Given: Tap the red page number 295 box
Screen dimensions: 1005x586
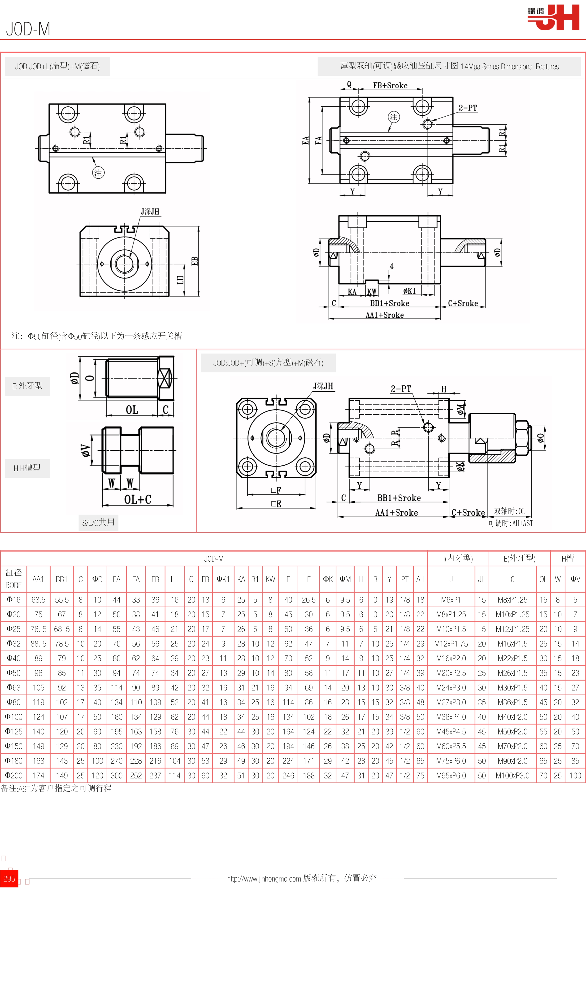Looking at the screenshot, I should click(9, 878).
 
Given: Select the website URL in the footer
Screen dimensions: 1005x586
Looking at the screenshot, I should click(264, 878).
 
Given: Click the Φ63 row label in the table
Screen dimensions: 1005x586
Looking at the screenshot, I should click(13, 688).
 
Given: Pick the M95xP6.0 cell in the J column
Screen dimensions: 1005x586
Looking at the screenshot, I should click(451, 775).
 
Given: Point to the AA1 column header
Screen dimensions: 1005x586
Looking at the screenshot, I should click(38, 579).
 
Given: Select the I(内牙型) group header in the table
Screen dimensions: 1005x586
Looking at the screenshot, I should click(458, 558).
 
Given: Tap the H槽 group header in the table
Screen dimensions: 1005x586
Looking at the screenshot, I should click(568, 558).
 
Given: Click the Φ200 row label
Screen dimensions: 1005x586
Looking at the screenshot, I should click(13, 775).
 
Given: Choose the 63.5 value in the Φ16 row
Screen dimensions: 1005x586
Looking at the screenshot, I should click(38, 600).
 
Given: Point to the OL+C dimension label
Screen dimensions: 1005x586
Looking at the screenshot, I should click(138, 499).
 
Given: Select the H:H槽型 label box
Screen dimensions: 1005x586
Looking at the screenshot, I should click(27, 468).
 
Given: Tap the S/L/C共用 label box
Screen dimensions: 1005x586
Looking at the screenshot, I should click(98, 522).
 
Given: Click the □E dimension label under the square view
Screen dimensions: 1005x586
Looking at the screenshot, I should click(276, 504).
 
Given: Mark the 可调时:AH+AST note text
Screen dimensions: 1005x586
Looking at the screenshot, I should click(511, 523).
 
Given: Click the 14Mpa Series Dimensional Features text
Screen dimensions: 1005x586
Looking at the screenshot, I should click(509, 67).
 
